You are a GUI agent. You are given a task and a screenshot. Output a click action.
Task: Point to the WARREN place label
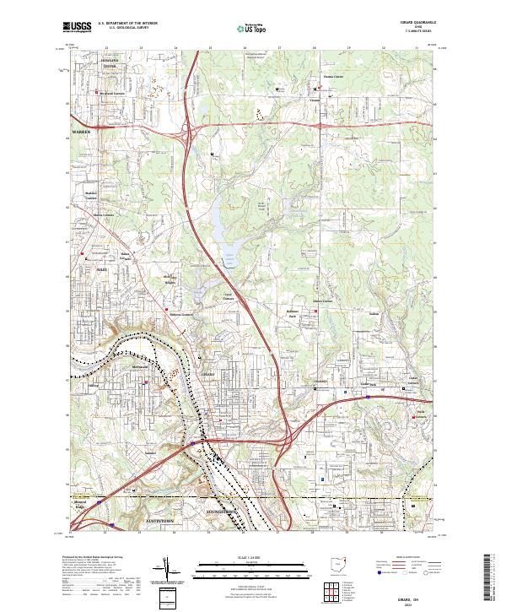[79, 133]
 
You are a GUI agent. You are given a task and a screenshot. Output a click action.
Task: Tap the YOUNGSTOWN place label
[223, 512]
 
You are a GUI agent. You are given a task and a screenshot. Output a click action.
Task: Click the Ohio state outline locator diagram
[339, 563]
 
